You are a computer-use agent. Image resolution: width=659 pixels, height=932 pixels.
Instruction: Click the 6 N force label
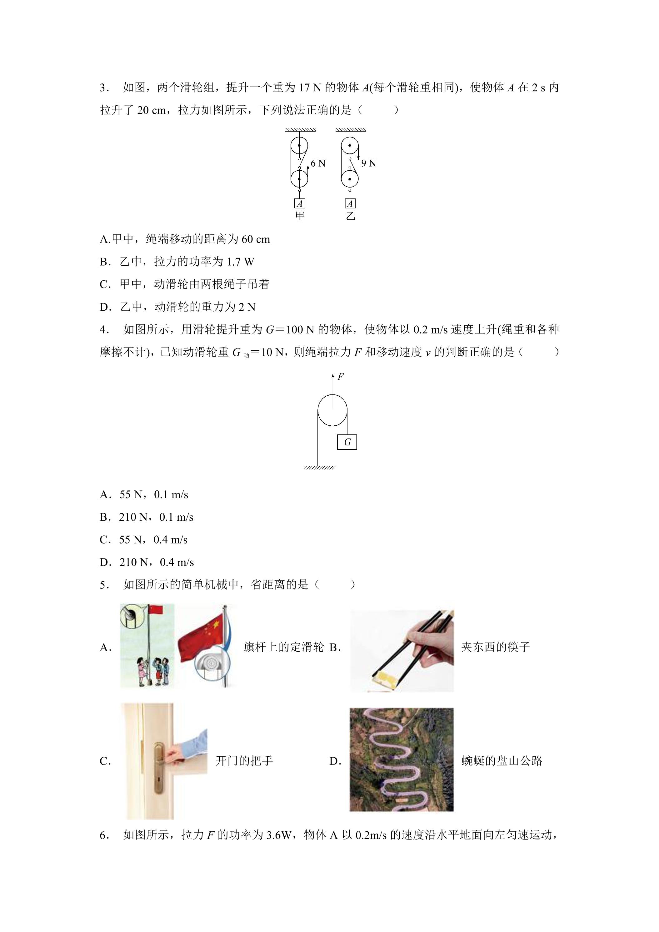[x=318, y=163]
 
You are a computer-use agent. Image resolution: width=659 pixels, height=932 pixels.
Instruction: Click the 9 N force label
[x=368, y=163]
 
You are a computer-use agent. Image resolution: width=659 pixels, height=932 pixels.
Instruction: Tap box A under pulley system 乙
[x=350, y=203]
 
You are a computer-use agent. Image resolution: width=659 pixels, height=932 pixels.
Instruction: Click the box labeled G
[x=347, y=442]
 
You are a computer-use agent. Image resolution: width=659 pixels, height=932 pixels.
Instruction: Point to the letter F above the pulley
[x=341, y=376]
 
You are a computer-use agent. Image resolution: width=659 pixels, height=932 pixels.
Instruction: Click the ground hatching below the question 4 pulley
[x=320, y=468]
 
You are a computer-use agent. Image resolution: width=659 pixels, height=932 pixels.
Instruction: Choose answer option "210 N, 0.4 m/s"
[x=157, y=562]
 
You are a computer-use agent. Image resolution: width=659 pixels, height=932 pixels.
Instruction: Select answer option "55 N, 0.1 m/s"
[x=154, y=494]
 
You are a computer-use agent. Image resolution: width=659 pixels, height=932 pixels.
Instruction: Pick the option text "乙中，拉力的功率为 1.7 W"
[x=187, y=262]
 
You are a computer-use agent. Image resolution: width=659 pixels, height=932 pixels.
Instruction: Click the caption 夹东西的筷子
[x=496, y=647]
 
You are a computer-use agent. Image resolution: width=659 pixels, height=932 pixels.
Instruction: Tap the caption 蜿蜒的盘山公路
[x=502, y=761]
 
